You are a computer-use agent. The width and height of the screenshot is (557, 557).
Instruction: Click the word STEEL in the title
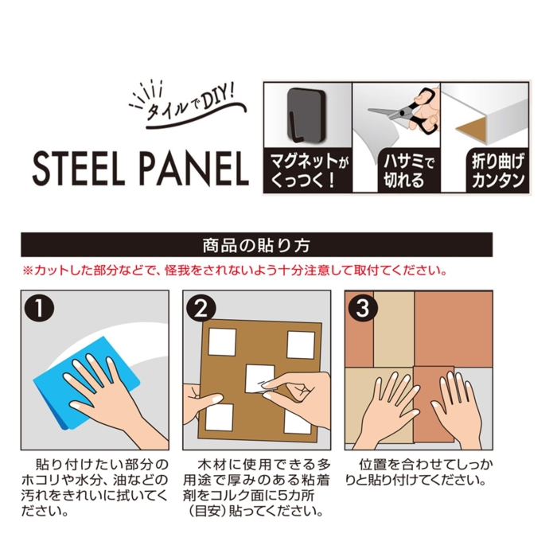click(x=79, y=169)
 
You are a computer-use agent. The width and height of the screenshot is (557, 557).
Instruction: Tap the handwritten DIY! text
click(x=218, y=99)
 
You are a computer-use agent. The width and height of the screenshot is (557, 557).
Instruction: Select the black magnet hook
click(x=306, y=115)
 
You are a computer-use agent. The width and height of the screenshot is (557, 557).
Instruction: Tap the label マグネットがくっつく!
click(x=309, y=170)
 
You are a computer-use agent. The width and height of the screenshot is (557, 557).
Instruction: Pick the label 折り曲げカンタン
click(x=498, y=171)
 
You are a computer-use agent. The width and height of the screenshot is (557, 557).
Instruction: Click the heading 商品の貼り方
click(x=256, y=245)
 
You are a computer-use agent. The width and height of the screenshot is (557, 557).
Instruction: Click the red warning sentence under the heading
click(x=235, y=271)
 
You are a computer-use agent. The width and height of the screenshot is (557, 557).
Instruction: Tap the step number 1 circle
click(x=39, y=308)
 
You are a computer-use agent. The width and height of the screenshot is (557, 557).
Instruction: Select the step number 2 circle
click(x=201, y=308)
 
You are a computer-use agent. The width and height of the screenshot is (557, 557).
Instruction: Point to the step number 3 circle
click(x=363, y=308)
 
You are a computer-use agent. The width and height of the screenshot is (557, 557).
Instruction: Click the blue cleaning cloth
click(x=86, y=383)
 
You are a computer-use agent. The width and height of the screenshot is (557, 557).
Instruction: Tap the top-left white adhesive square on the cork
click(x=222, y=342)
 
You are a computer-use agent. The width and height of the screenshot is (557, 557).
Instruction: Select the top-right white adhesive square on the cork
click(x=301, y=345)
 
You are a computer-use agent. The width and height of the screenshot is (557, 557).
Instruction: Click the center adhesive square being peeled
click(x=259, y=379)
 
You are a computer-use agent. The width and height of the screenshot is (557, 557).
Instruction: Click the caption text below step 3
click(x=419, y=473)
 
